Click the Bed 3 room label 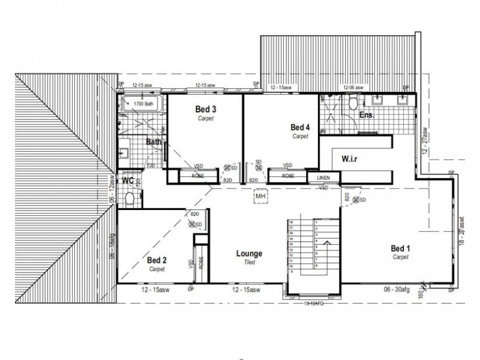[x=206, y=109]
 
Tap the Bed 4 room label [x=300, y=127]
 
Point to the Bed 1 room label [x=400, y=248]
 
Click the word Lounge [x=249, y=253]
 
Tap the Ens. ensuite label [x=367, y=114]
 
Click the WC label [x=128, y=180]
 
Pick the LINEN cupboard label [x=323, y=178]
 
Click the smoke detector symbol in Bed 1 [x=356, y=200]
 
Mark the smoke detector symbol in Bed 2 [x=192, y=224]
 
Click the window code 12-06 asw [x=353, y=87]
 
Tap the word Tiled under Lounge [x=249, y=262]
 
